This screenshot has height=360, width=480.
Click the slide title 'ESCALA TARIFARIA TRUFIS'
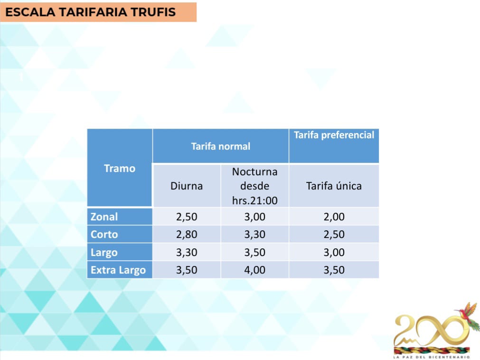click(90, 12)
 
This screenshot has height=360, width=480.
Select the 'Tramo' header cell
click(120, 168)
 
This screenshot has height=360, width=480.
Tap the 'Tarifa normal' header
click(221, 146)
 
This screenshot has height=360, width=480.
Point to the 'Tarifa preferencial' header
click(334, 135)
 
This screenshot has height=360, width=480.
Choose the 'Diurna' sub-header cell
click(187, 186)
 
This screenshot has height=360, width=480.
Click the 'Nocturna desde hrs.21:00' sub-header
click(254, 186)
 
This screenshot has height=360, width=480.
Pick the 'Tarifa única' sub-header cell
click(334, 186)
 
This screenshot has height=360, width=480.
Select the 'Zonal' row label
click(104, 217)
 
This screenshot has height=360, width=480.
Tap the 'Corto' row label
click(104, 235)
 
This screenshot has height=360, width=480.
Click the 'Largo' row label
click(104, 253)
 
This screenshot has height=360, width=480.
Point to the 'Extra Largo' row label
click(118, 270)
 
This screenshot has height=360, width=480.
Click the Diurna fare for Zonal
click(187, 217)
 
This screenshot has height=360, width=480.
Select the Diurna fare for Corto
click(187, 235)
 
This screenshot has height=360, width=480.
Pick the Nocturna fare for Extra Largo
click(254, 270)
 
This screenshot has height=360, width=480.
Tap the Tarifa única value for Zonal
click(334, 217)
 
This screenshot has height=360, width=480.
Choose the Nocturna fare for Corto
click(254, 235)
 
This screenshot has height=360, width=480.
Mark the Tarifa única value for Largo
click(334, 253)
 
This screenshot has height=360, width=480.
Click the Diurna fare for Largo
click(187, 253)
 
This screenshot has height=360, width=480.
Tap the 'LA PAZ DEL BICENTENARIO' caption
click(432, 357)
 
